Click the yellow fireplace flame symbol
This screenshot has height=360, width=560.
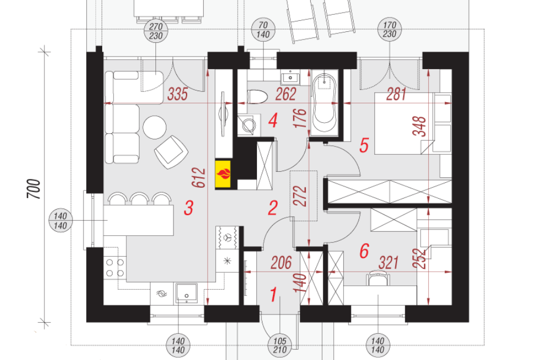(223, 175)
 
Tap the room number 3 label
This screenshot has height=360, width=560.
(188, 208)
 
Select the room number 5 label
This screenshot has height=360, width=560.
(364, 145)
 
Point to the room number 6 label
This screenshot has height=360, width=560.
(364, 251)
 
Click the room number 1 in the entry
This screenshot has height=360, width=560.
(273, 295)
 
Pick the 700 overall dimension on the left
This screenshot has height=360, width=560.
(34, 189)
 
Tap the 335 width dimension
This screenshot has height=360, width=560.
(177, 94)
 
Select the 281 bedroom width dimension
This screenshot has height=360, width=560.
(396, 94)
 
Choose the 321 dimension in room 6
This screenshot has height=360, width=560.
(388, 263)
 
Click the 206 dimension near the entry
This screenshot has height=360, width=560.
(281, 263)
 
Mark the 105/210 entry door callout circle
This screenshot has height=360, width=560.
(279, 345)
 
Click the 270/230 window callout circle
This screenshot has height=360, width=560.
(156, 31)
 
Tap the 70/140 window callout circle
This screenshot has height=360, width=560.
(263, 30)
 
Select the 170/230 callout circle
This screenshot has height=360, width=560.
(389, 29)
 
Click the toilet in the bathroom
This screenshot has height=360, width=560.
(257, 97)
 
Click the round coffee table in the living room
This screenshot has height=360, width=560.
(155, 127)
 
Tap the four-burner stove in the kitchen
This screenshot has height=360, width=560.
(115, 268)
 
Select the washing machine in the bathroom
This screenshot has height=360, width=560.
(247, 125)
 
